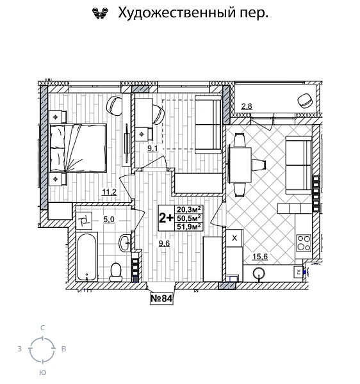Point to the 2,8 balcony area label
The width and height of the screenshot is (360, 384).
(247, 106)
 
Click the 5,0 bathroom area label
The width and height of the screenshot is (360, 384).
(109, 220)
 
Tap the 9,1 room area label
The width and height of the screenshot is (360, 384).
(152, 148)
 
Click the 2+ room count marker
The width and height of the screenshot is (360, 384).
(165, 217)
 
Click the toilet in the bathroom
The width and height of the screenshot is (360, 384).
(116, 271)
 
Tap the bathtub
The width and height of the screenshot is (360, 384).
(86, 257)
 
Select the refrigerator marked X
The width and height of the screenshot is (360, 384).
(234, 238)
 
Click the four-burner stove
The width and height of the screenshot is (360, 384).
(303, 243)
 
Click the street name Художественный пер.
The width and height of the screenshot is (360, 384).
(189, 12)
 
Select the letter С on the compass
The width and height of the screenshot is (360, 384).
(42, 327)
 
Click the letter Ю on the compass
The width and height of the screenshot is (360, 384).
(42, 372)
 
